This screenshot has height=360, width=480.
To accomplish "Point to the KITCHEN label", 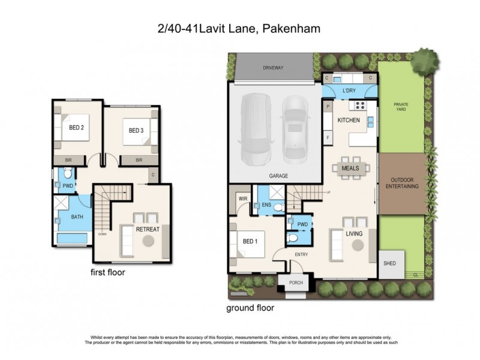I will click(x=349, y=121).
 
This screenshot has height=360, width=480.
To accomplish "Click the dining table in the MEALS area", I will click(x=350, y=169).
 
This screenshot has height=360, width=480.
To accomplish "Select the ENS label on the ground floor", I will click(x=266, y=205).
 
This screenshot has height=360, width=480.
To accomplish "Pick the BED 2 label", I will click(x=76, y=128).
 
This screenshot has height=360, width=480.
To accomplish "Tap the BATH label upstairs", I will click(x=77, y=217).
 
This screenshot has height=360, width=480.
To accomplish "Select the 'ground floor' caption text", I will click(x=250, y=308).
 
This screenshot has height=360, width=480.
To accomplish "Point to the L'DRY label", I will click(x=349, y=91).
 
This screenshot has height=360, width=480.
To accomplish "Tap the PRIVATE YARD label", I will click(x=401, y=108).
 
